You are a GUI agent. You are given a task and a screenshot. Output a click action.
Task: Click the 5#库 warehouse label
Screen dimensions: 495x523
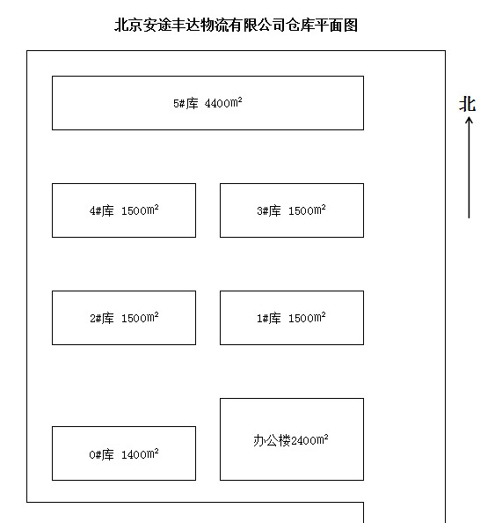click(186, 103)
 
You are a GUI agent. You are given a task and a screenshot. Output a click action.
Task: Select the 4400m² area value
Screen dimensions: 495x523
click(223, 103)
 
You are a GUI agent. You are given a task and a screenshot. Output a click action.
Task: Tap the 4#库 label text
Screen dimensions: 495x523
click(102, 210)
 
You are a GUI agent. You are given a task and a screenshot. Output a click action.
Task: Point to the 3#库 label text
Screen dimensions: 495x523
click(269, 210)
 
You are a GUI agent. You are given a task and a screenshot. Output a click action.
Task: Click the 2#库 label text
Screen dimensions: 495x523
click(102, 318)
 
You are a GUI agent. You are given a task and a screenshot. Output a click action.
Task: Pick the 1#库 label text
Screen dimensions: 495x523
click(269, 318)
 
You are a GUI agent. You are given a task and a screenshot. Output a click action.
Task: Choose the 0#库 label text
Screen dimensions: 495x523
click(102, 454)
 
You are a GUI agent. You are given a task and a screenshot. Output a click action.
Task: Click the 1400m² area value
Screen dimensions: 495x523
click(140, 453)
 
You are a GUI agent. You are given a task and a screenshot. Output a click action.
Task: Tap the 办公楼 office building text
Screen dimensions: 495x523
click(273, 440)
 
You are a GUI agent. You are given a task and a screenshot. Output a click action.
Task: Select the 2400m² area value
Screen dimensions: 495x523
click(309, 440)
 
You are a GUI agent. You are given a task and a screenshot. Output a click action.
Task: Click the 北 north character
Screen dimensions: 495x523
click(468, 104)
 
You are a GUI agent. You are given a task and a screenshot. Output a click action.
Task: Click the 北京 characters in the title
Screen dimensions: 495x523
click(128, 26)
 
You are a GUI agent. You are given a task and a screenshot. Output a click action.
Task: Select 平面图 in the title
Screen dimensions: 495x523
click(337, 26)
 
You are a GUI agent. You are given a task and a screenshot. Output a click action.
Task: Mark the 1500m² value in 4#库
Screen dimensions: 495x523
click(140, 210)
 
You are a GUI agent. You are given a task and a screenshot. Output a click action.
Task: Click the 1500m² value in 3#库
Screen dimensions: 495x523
click(307, 210)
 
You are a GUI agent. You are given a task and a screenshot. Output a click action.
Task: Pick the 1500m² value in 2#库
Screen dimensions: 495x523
click(140, 318)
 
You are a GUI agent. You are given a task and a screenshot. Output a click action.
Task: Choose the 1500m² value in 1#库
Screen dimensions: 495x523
click(307, 318)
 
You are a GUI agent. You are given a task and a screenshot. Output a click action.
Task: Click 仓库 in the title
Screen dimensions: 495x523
click(301, 26)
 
